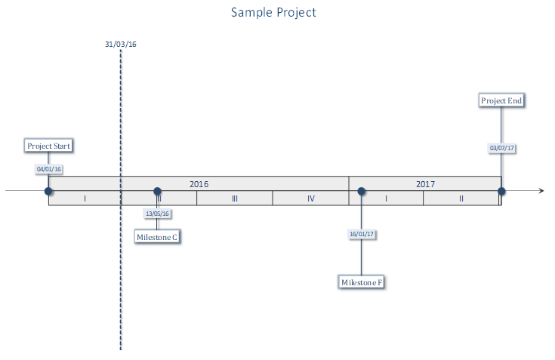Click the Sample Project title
[x=273, y=12]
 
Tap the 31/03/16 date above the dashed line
[x=121, y=45]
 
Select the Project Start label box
[x=48, y=146]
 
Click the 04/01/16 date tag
[x=49, y=169]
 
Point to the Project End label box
[x=501, y=100]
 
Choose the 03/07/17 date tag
[x=501, y=148]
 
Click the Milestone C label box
[x=157, y=237]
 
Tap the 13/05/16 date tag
[x=157, y=214]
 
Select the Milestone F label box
[x=362, y=282]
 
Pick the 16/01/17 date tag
[x=362, y=234]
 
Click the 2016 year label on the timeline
[x=199, y=184]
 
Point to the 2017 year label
[x=425, y=184]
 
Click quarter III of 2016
[x=235, y=198]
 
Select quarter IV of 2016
[x=311, y=198]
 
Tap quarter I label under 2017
[x=386, y=198]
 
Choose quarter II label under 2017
[x=461, y=198]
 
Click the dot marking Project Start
[x=48, y=191]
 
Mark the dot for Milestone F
[x=362, y=191]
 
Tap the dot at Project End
[x=501, y=191]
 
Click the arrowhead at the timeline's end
[x=541, y=191]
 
